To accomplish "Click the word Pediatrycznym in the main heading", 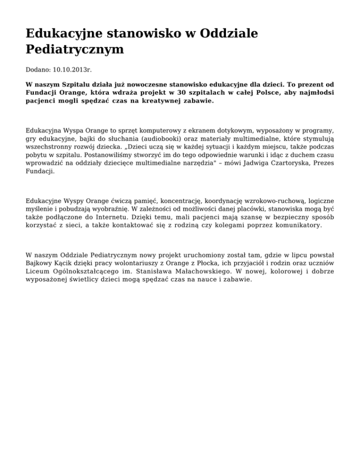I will (75, 49).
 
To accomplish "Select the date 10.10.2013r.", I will (72, 70).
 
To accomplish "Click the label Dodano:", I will (38, 70).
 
